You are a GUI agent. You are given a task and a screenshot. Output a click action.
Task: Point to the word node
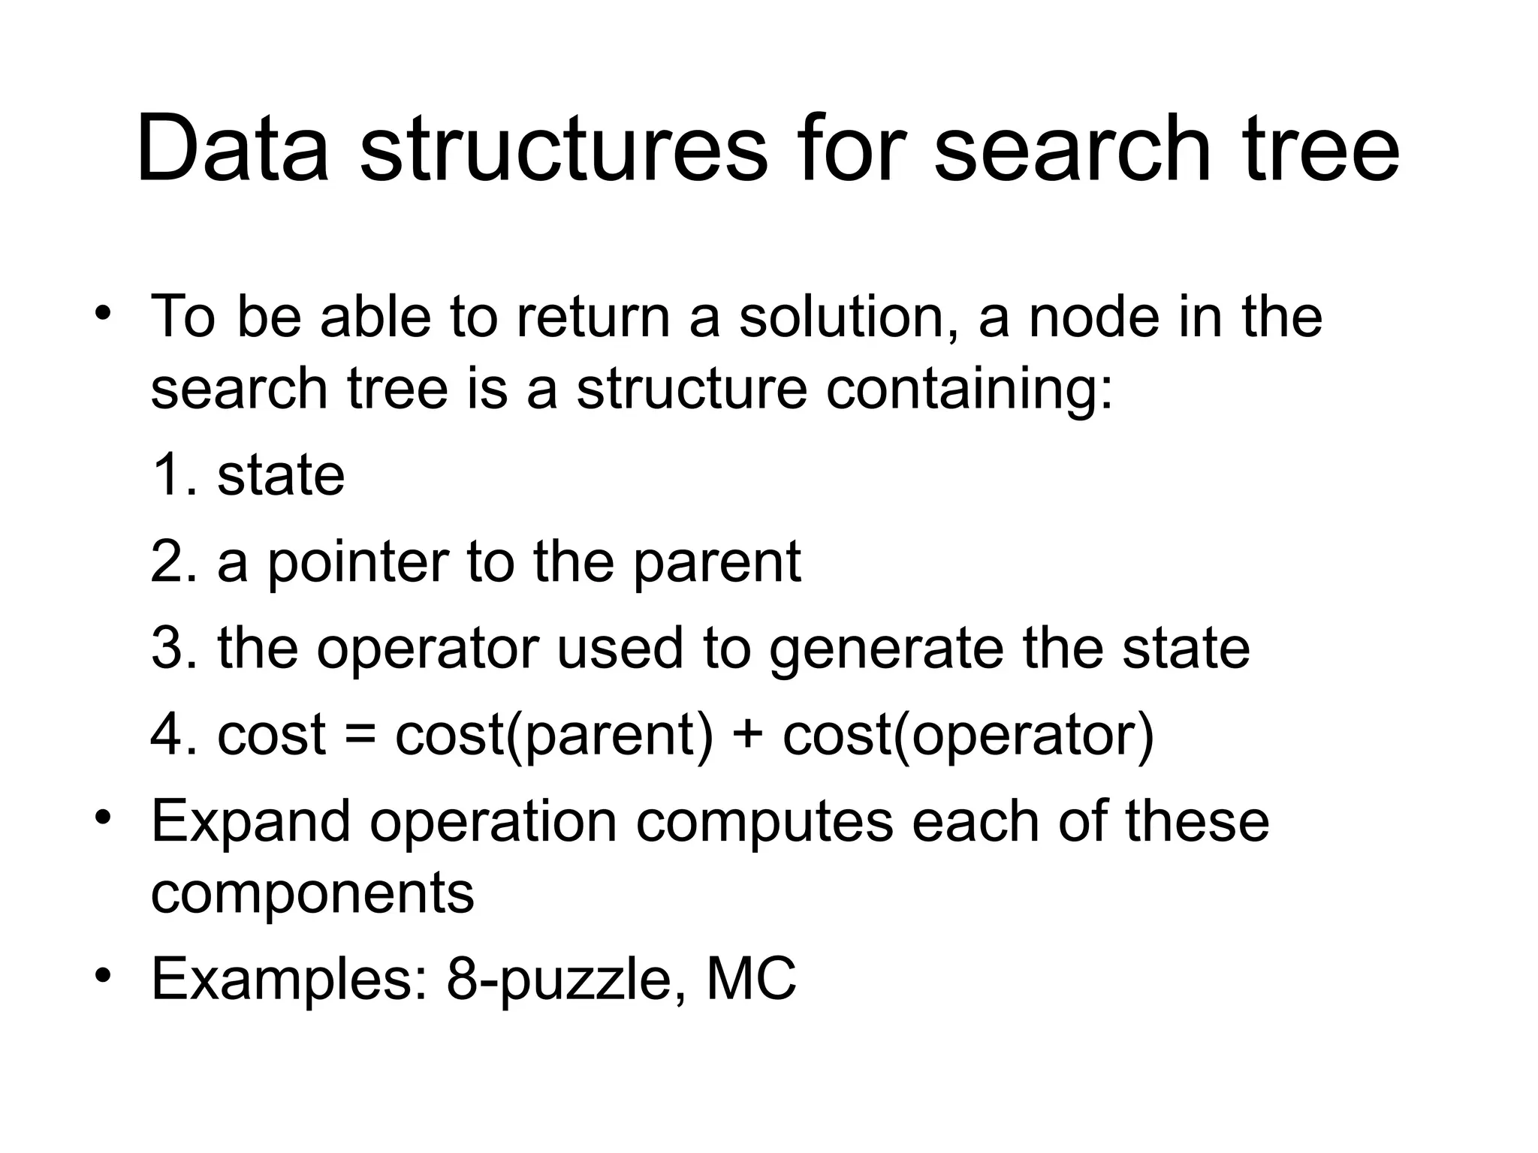[x=1093, y=317]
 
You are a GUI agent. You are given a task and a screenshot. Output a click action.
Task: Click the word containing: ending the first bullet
[x=969, y=390]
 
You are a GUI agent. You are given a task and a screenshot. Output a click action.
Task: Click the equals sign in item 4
[x=360, y=735]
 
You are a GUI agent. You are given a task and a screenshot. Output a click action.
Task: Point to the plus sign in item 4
[x=747, y=735]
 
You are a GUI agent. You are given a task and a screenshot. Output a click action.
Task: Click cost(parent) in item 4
[x=554, y=735]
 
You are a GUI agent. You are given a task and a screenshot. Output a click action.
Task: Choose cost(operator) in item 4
[x=968, y=735]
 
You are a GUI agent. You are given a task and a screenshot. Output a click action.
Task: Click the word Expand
[x=251, y=823]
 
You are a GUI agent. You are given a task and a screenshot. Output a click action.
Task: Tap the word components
[x=312, y=893]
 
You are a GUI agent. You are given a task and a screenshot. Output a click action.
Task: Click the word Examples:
[x=290, y=979]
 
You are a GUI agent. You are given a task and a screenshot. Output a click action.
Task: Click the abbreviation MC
[x=751, y=979]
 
